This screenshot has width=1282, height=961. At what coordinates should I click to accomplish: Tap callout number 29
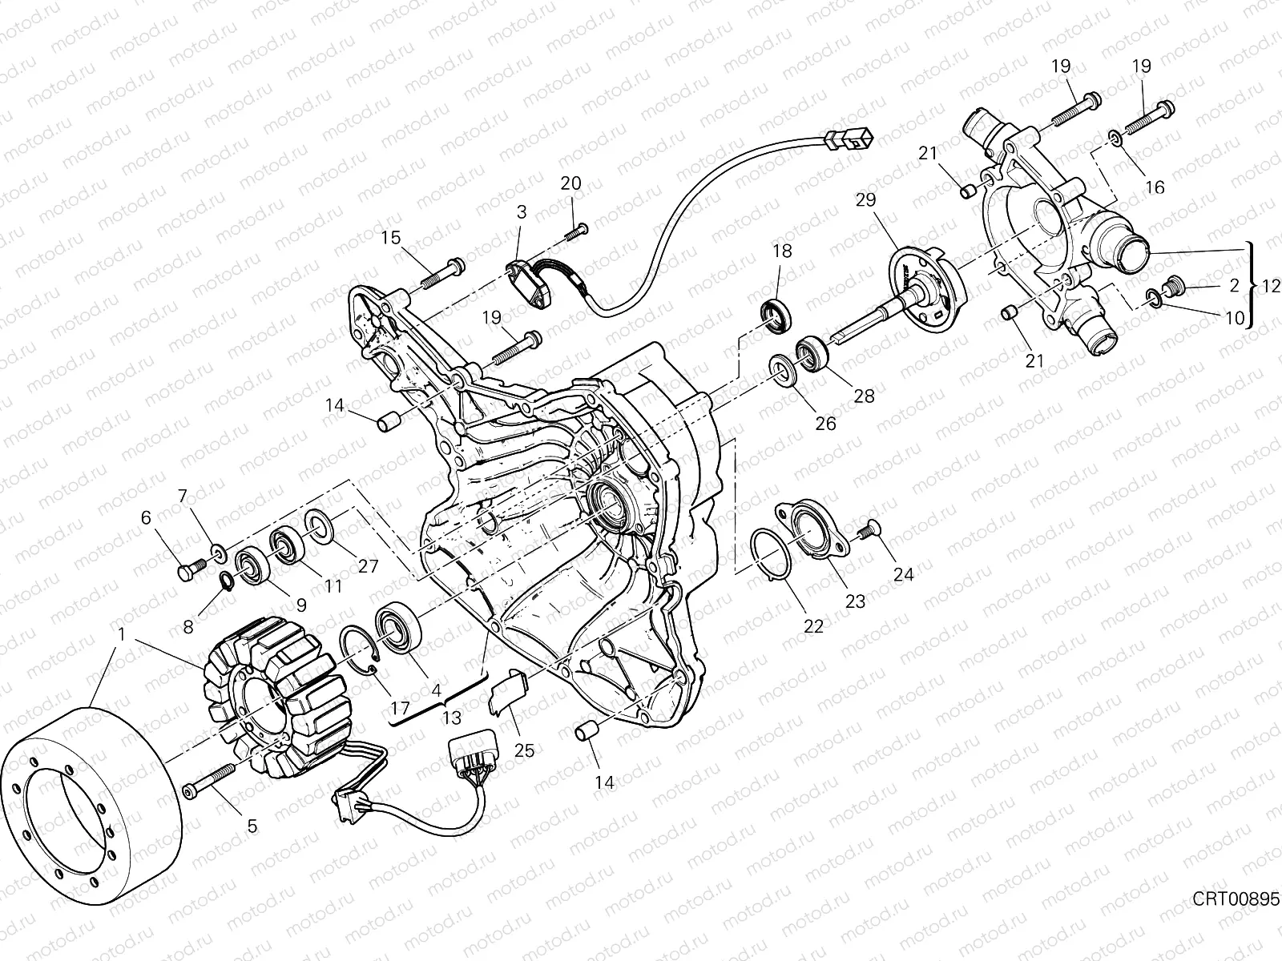(x=865, y=199)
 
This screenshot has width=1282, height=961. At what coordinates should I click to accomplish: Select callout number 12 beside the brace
(x=1271, y=285)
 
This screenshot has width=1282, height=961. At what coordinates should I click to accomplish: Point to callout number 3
(x=522, y=212)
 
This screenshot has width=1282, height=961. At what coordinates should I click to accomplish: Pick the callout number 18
(x=782, y=251)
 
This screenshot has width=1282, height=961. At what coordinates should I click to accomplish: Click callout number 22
(x=813, y=627)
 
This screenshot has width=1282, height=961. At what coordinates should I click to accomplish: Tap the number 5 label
(x=252, y=826)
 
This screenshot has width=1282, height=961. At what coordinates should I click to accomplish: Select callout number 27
(x=368, y=565)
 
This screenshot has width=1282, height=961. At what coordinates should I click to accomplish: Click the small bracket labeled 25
(x=506, y=690)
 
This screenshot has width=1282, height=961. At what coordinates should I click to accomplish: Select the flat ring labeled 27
(x=322, y=529)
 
